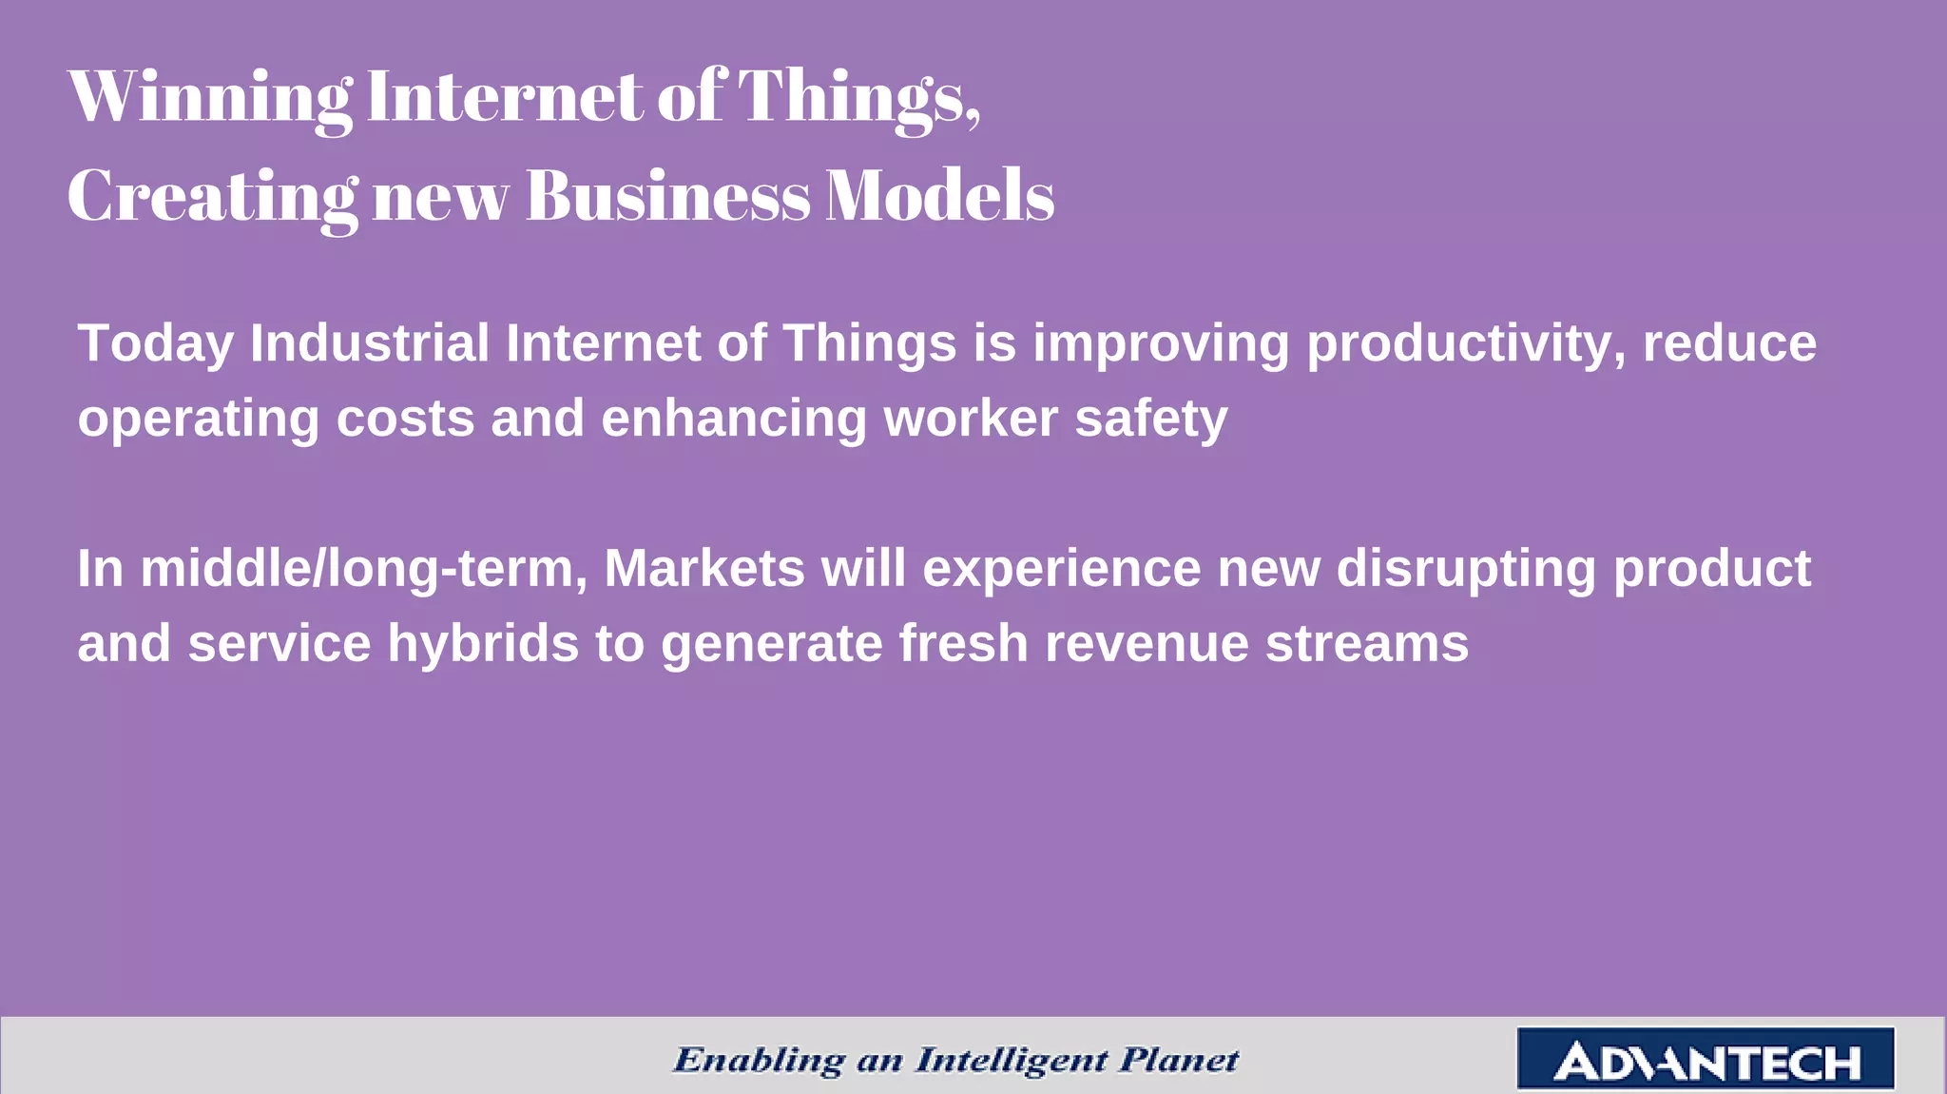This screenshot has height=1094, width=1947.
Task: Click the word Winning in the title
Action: pos(210,96)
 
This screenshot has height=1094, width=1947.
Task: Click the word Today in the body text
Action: pos(156,344)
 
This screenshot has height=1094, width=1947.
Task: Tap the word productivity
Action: pos(1465,344)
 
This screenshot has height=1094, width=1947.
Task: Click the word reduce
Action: pos(1729,344)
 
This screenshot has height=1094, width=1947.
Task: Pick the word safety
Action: pos(1150,420)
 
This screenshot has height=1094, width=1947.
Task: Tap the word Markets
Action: pos(704,568)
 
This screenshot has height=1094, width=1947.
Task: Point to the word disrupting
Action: pos(1466,569)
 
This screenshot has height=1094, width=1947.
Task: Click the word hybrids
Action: pos(483,644)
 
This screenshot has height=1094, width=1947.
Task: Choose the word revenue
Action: pos(1147,644)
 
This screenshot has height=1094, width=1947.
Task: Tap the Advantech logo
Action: pos(1706,1059)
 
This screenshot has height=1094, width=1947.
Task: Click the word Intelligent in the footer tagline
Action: pos(1011,1060)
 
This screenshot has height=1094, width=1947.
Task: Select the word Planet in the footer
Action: pos(1178,1059)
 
